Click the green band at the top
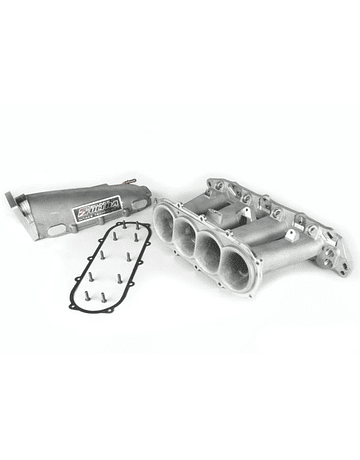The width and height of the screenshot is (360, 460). (x=180, y=24)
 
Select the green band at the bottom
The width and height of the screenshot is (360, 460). (x=180, y=434)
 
